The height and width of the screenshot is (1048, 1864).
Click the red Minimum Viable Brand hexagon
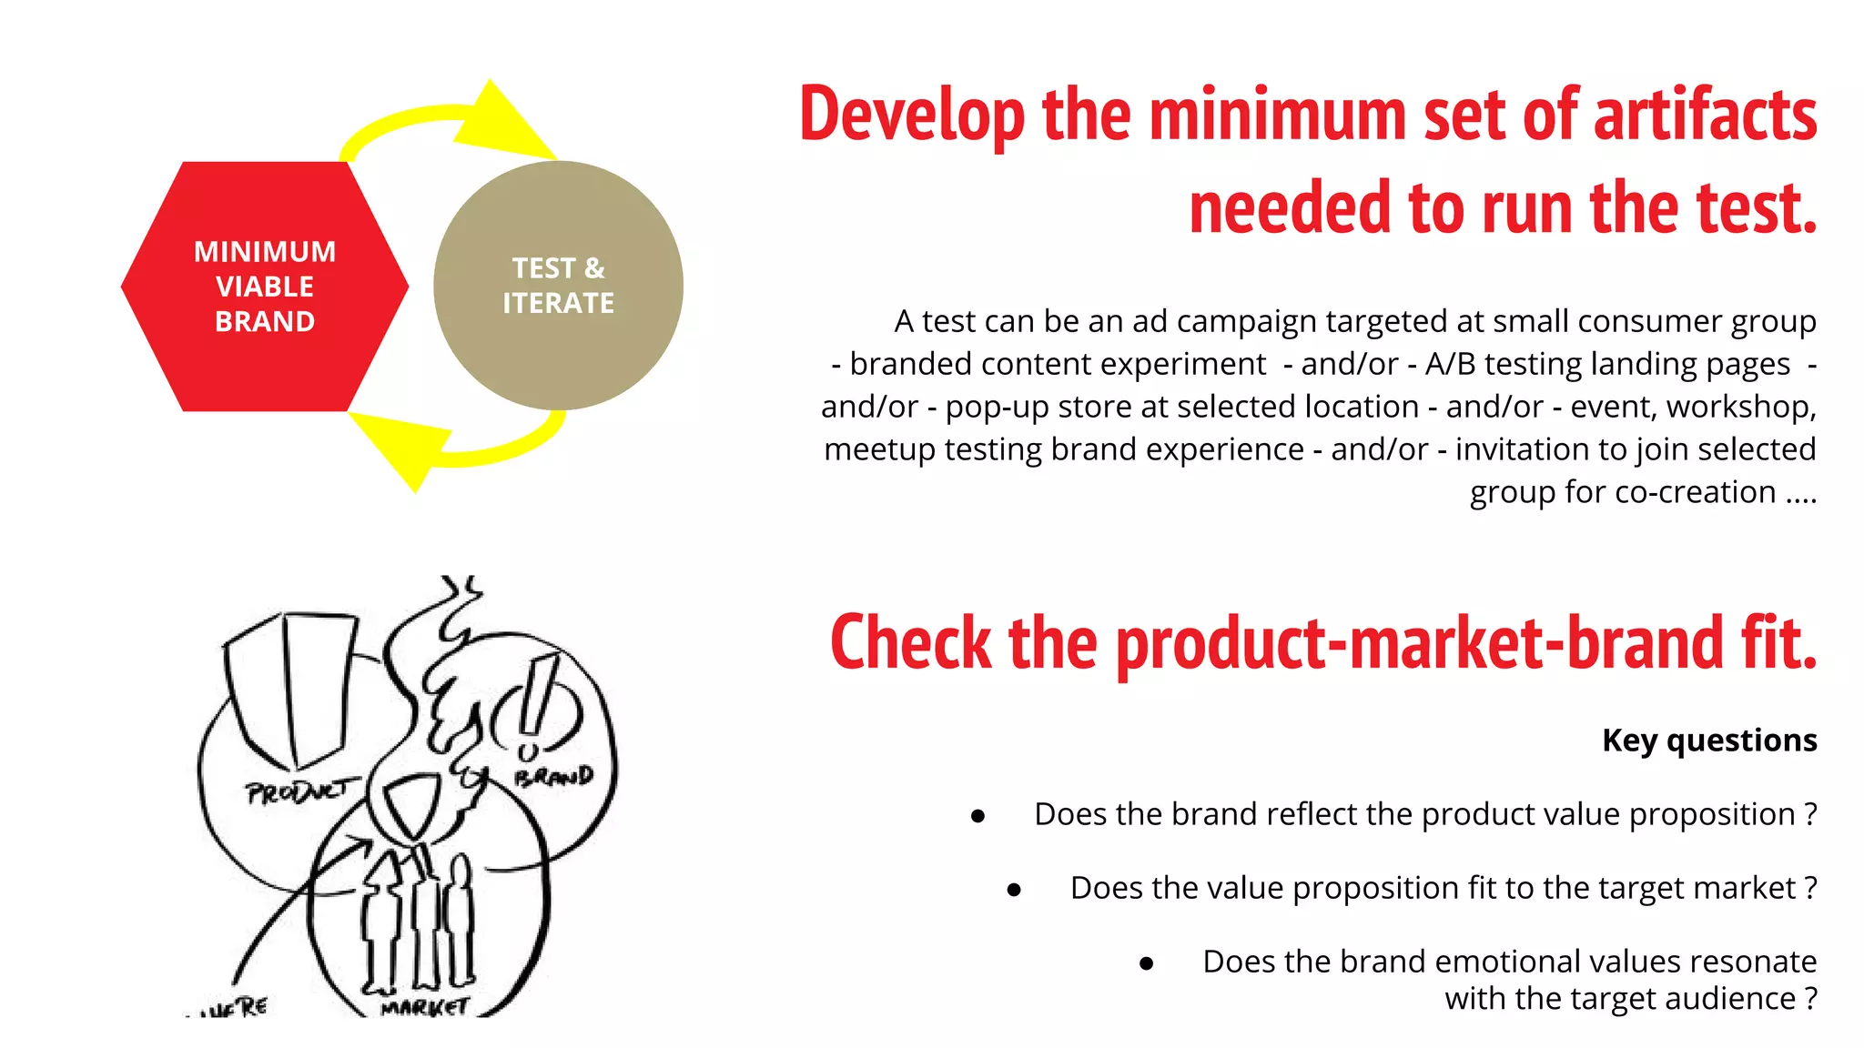pos(264,287)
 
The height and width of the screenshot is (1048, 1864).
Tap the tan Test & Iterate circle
pos(558,286)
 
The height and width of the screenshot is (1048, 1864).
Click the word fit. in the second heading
pos(1778,643)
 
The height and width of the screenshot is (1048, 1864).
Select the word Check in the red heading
pos(910,643)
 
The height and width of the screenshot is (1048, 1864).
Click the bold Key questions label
pos(1709,741)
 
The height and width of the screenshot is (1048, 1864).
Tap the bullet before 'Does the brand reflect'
pos(978,816)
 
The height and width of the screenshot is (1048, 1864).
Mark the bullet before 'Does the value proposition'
pos(1014,890)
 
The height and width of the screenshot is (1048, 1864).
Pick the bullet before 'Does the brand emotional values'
pos(1147,963)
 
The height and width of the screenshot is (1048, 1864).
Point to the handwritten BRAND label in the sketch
pos(553,777)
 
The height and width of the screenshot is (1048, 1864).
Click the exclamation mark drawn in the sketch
pos(535,710)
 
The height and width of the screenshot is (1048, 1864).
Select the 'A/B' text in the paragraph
pos(1450,364)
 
